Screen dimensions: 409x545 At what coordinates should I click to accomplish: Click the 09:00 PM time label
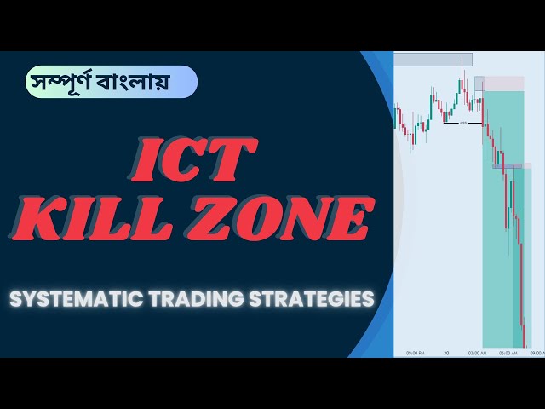(416, 352)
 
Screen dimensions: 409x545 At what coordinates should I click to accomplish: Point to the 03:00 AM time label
(477, 352)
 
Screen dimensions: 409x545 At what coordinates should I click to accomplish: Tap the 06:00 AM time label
(508, 352)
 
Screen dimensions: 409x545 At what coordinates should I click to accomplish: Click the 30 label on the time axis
(445, 352)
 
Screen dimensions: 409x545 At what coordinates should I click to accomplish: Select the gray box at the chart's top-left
(432, 59)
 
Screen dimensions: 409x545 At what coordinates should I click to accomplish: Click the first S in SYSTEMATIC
(16, 300)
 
